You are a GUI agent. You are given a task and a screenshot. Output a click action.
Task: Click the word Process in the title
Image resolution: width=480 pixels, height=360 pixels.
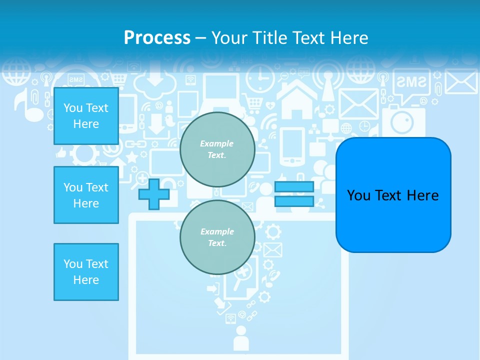[157, 37]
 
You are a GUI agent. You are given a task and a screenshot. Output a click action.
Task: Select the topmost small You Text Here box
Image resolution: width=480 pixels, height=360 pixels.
[86, 116]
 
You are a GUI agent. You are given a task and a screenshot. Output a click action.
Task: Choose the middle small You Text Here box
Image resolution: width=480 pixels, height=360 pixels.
[86, 195]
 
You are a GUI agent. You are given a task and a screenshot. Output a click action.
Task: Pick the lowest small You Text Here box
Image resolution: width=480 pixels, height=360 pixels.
[86, 272]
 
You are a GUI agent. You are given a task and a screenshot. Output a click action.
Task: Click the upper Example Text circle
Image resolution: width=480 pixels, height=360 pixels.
[217, 149]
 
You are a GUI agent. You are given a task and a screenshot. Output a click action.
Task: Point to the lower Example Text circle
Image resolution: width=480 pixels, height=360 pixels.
[217, 237]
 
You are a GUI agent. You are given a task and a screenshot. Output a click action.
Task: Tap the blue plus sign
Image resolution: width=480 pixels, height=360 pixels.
[153, 194]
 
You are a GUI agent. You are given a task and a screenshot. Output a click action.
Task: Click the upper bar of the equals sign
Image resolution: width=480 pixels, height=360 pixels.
[294, 187]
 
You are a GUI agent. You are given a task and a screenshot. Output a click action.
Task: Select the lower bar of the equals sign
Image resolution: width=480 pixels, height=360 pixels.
[294, 201]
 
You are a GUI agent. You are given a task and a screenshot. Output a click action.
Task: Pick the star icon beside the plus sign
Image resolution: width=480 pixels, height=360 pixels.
[132, 157]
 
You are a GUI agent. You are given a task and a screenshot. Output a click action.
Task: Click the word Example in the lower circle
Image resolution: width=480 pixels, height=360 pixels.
[217, 231]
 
